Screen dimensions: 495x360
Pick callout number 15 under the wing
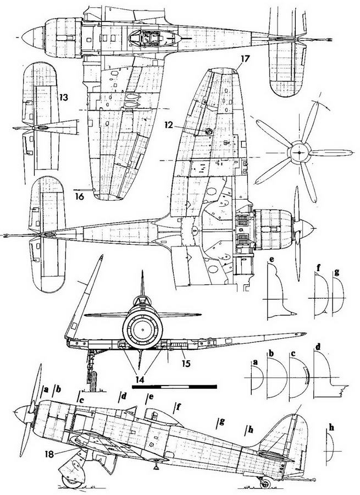[186, 364]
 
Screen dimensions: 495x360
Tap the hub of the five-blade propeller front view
[297, 150]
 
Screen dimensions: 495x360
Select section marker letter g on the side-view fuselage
[221, 421]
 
